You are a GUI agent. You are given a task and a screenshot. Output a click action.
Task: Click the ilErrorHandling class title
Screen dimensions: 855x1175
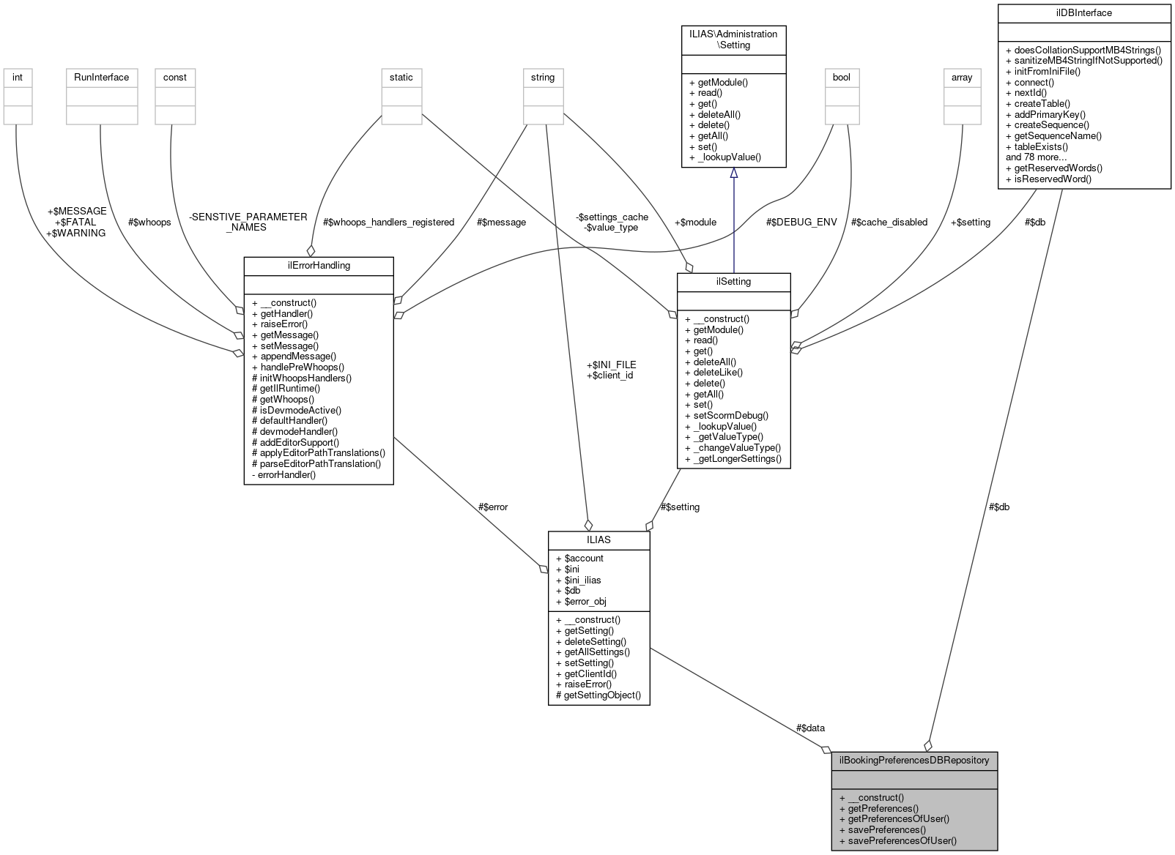tap(319, 265)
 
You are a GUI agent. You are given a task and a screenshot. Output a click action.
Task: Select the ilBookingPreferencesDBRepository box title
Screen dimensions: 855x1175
tap(914, 760)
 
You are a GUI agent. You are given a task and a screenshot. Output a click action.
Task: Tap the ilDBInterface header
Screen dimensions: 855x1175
tap(1084, 12)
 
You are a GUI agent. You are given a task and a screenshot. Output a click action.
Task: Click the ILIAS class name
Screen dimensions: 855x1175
tap(598, 539)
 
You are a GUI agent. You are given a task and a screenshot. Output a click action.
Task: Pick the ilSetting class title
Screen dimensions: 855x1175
tap(733, 281)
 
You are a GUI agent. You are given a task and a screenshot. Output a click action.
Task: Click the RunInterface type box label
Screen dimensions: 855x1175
tap(101, 77)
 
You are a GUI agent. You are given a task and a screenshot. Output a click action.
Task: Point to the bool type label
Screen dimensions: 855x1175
tap(841, 77)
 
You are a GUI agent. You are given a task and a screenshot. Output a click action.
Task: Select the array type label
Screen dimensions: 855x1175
tap(961, 77)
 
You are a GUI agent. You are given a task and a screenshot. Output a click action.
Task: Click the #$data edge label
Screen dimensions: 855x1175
tap(810, 728)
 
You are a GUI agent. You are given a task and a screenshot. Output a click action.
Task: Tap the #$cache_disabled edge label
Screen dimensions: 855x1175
tap(889, 222)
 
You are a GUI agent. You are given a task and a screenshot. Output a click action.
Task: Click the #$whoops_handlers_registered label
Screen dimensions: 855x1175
tap(388, 222)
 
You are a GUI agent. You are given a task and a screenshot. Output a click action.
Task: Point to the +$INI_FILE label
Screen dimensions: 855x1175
tap(611, 365)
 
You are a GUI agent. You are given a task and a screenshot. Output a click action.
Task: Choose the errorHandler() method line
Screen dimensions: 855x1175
tap(286, 474)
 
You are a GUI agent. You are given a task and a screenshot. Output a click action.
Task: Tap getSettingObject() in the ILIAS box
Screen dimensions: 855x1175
tap(602, 695)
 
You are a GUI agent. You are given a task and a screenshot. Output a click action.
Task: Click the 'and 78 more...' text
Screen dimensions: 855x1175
tap(1036, 157)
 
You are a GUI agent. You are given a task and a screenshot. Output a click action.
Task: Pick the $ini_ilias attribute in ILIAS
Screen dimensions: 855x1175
tap(582, 580)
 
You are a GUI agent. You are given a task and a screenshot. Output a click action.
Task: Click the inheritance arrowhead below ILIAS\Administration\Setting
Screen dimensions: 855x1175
tap(733, 173)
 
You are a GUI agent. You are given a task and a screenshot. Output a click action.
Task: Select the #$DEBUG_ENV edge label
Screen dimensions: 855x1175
tap(801, 222)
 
